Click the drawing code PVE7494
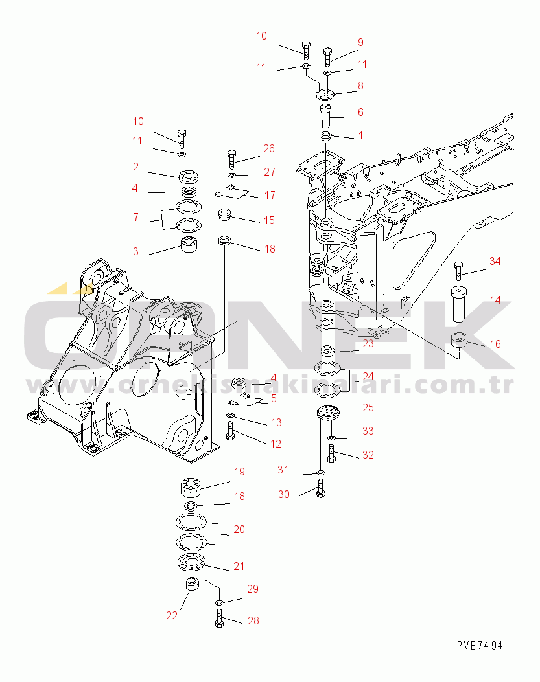click(x=479, y=646)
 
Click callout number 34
click(x=495, y=261)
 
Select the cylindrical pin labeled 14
click(x=462, y=303)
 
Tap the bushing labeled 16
click(x=462, y=344)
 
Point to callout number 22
click(x=172, y=615)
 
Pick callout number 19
click(x=239, y=472)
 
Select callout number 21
click(x=239, y=566)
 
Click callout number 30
click(x=283, y=494)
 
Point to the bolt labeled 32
click(x=331, y=456)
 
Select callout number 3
click(x=135, y=251)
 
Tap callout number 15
click(x=269, y=220)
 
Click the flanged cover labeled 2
click(x=189, y=176)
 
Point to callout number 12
click(x=276, y=444)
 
